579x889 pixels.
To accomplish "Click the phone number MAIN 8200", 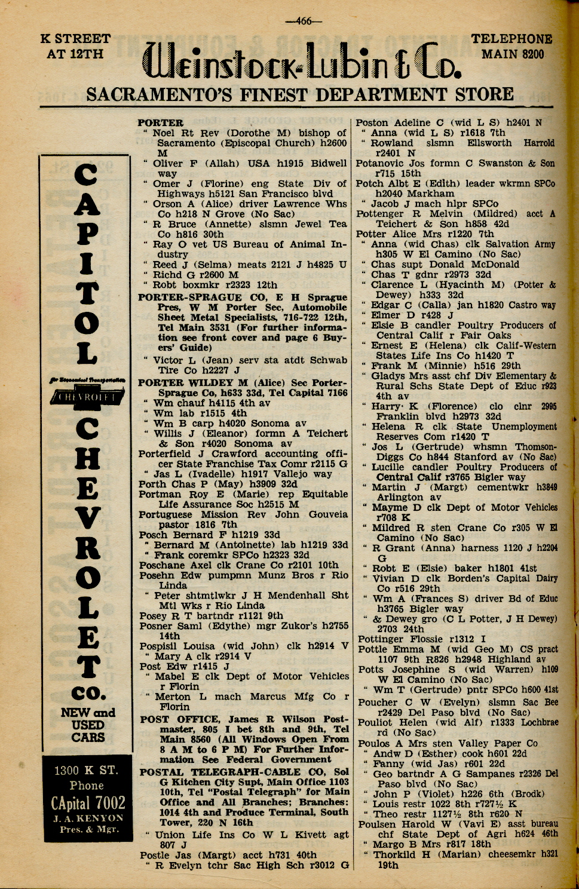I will [513, 54].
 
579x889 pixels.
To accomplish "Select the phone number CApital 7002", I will [88, 803].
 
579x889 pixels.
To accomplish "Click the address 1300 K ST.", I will [86, 770].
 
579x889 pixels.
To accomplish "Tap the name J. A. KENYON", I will [87, 819].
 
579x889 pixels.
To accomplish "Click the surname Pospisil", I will [158, 646].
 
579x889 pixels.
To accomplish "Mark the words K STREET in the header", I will [75, 39].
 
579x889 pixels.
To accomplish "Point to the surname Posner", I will [155, 626].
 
